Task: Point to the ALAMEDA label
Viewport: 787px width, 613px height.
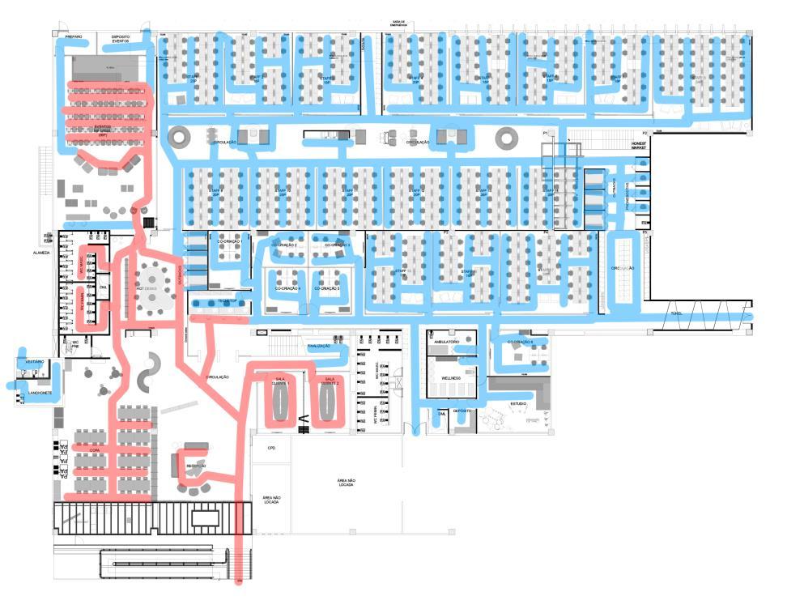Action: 41,252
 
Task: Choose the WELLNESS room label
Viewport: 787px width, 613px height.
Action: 451,378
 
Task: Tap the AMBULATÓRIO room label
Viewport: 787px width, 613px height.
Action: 448,343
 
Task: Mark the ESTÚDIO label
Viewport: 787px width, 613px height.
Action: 517,402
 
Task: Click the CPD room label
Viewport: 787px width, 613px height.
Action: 271,447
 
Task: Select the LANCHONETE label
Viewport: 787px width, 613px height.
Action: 40,394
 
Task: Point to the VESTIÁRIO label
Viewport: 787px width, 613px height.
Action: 34,361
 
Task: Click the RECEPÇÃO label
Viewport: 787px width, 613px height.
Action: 196,466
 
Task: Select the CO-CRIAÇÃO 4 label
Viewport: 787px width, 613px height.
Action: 287,288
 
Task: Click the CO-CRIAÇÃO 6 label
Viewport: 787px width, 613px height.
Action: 521,343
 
